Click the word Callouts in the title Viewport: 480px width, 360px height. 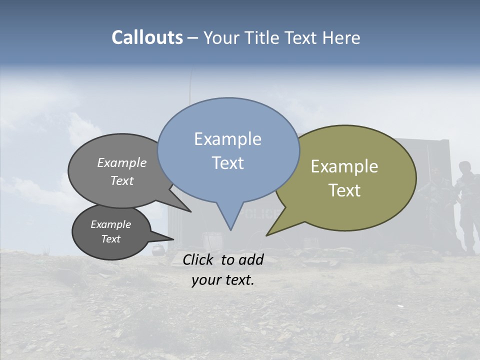click(147, 37)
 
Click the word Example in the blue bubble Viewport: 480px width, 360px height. click(227, 139)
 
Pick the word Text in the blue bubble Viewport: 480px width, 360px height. click(227, 163)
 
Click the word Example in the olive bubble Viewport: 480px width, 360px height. click(344, 166)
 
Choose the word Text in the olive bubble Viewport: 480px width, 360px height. click(344, 190)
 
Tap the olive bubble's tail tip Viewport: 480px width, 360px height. click(267, 234)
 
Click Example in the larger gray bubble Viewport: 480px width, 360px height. click(122, 162)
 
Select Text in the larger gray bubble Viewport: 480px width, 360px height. click(122, 180)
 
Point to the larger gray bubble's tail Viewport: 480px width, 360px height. click(189, 211)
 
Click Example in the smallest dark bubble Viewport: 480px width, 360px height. click(110, 224)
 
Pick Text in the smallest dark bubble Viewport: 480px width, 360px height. click(110, 239)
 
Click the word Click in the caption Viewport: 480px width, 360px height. click(199, 259)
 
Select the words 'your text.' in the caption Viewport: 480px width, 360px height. click(223, 280)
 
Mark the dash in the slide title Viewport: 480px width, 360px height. click(193, 38)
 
